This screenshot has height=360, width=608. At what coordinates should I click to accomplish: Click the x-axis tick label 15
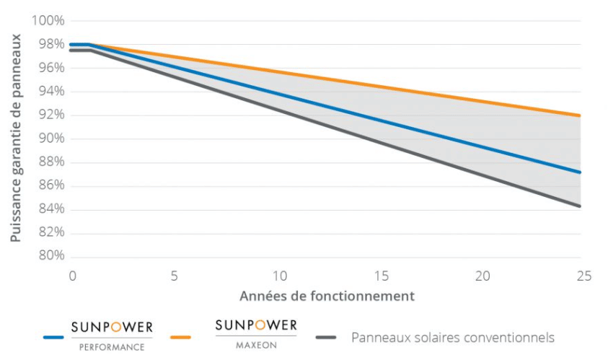[382, 276]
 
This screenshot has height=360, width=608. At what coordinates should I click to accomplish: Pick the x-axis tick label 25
[584, 276]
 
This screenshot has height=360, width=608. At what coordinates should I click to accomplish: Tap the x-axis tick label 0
[72, 276]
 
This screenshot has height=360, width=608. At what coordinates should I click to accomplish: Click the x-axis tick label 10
[279, 276]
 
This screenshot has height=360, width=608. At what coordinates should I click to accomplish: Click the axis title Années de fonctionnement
[327, 296]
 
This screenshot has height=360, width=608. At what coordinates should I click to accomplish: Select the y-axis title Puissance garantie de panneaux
[16, 137]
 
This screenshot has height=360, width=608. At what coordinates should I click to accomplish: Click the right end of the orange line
[580, 115]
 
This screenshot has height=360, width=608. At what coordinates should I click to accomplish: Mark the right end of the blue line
[580, 172]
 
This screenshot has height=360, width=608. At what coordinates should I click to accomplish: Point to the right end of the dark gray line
[580, 206]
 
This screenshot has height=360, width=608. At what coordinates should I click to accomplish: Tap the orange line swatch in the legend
[182, 337]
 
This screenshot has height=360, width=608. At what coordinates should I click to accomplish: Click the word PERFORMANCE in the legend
[112, 347]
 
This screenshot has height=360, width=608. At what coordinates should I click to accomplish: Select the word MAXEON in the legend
[256, 345]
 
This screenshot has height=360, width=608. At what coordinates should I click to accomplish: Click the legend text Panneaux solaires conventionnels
[453, 337]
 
